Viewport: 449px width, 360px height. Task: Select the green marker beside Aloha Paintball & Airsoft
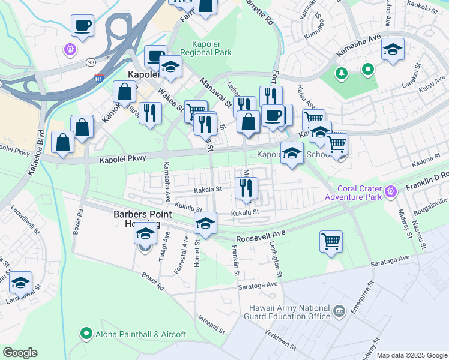click(86, 334)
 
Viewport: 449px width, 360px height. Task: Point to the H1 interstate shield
click(99, 78)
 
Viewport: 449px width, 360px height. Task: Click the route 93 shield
click(91, 62)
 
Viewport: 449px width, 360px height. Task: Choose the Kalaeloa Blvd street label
click(36, 153)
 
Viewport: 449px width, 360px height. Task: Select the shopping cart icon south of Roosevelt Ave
click(331, 242)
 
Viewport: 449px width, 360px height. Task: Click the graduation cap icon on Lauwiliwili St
click(20, 283)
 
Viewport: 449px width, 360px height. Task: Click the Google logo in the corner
click(20, 352)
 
